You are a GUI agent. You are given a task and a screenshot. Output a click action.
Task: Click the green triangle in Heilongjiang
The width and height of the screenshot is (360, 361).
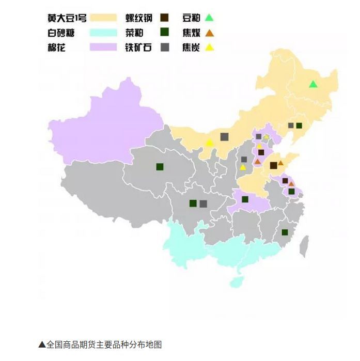312,84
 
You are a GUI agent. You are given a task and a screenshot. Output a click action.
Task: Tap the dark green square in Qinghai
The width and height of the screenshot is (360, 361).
160,167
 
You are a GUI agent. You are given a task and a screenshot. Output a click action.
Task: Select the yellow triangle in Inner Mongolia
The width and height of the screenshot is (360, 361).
210,142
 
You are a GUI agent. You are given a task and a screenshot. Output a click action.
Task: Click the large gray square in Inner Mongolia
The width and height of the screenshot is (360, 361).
224,137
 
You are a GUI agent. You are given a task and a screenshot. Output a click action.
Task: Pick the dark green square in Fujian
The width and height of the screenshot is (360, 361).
285,232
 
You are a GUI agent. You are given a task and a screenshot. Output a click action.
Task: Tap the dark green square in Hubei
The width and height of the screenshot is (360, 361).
245,199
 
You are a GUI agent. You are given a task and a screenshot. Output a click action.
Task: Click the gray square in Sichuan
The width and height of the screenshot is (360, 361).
203,203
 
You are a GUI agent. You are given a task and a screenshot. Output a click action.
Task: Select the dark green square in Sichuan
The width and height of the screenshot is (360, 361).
193,203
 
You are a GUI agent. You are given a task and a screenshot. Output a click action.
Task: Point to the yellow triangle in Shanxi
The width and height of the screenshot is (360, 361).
243,167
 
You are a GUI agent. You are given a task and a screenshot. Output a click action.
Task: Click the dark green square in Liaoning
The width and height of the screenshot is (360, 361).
299,125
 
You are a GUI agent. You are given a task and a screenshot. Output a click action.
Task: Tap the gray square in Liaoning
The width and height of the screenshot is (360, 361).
291,125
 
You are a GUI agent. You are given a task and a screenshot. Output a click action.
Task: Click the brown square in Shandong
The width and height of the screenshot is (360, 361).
273,165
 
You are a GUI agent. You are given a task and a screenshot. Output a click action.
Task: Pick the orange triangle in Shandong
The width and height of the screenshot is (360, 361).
280,163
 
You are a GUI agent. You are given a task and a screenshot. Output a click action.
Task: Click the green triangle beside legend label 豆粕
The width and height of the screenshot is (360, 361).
209,18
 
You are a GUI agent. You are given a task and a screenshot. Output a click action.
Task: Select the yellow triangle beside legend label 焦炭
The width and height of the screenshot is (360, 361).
209,48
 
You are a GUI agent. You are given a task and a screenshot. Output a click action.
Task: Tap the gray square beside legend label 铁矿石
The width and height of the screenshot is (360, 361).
165,48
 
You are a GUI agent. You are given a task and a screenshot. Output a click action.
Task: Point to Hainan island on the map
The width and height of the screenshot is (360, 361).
236,281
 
